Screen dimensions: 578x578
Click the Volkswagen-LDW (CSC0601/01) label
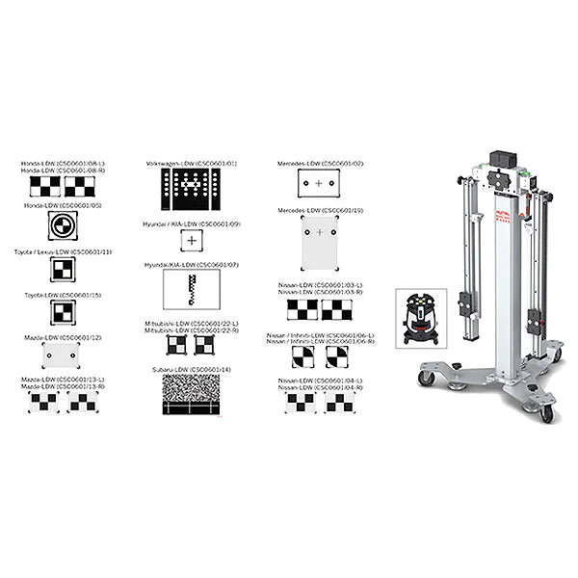point(192,164)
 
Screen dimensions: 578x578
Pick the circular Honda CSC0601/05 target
point(60,228)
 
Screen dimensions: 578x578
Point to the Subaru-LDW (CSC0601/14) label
point(192,369)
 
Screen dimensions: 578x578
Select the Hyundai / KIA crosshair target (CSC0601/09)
point(192,240)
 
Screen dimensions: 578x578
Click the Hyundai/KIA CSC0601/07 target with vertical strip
point(192,288)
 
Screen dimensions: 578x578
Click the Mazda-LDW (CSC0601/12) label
point(60,338)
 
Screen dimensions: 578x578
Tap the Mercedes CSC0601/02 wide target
point(320,182)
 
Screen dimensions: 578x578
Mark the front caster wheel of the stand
point(547,412)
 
